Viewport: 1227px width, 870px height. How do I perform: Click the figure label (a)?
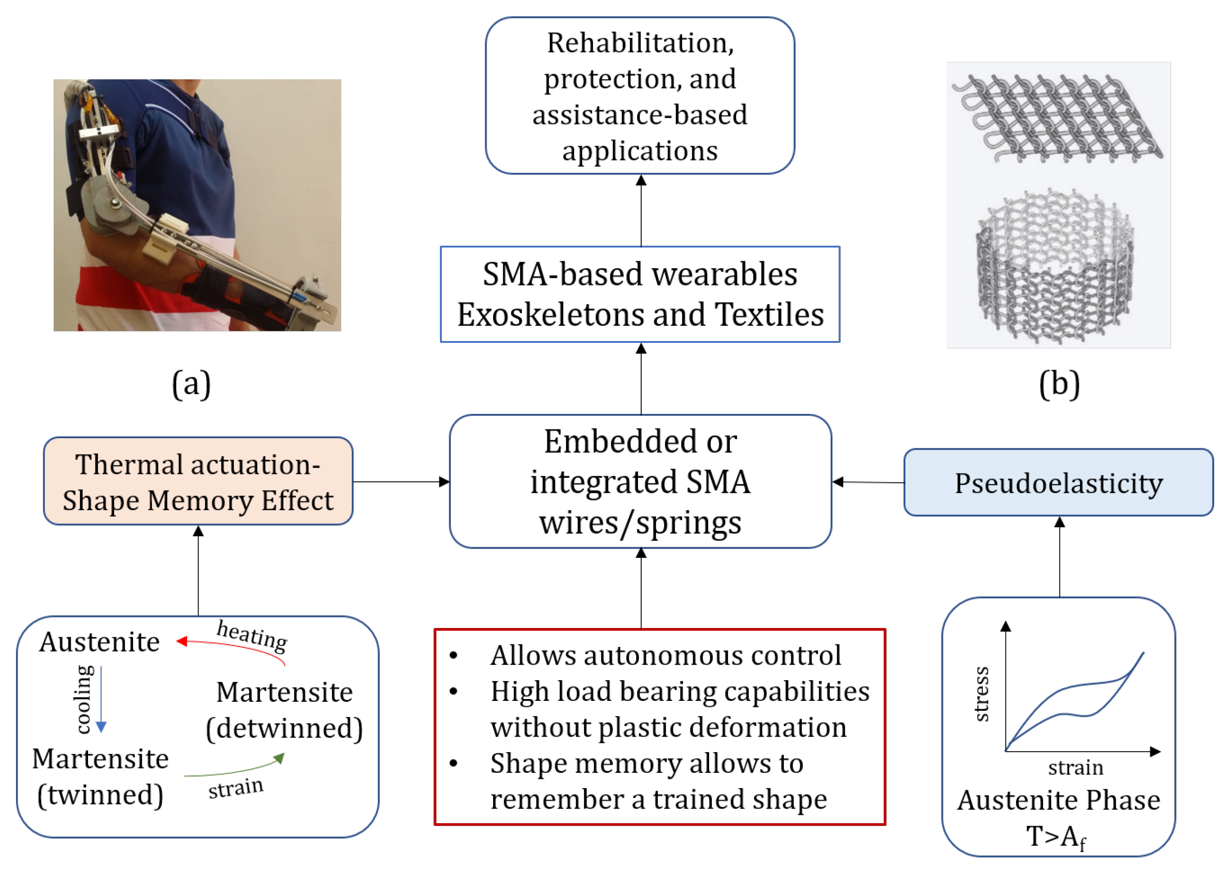pyautogui.click(x=191, y=384)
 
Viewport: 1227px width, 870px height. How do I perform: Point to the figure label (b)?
pyautogui.click(x=1059, y=384)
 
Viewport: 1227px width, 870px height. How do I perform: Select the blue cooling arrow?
pyautogui.click(x=101, y=699)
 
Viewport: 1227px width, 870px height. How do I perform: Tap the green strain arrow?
pyautogui.click(x=236, y=770)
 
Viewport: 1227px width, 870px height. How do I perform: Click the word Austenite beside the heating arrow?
pyautogui.click(x=100, y=642)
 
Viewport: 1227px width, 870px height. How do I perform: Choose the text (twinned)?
pyautogui.click(x=100, y=794)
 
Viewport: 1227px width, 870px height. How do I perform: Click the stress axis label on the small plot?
pyautogui.click(x=981, y=694)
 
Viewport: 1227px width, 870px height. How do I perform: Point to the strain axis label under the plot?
pyautogui.click(x=1075, y=768)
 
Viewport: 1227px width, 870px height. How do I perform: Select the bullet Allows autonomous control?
pyautogui.click(x=665, y=655)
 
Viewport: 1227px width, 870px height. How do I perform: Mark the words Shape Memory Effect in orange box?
pyautogui.click(x=198, y=501)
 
